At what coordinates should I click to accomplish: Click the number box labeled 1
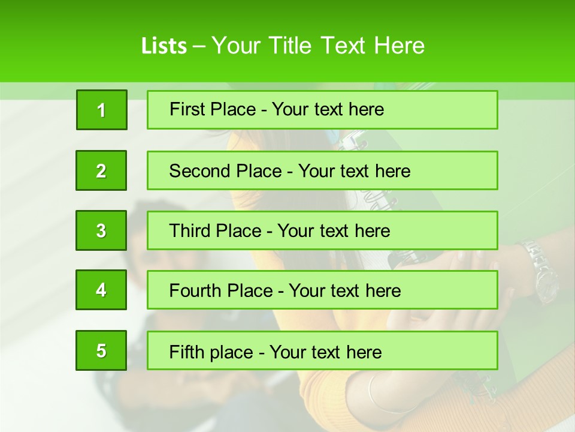click(x=101, y=110)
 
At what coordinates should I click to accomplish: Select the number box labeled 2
click(x=101, y=170)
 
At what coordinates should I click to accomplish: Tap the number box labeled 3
click(x=101, y=230)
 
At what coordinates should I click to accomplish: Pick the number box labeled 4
click(x=101, y=290)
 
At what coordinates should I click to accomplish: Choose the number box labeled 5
click(x=101, y=350)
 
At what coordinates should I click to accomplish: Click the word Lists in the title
click(x=164, y=46)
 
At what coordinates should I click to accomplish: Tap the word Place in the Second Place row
click(x=258, y=171)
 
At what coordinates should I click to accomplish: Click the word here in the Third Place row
click(x=371, y=231)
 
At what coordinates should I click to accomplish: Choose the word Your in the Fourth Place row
click(x=307, y=291)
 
